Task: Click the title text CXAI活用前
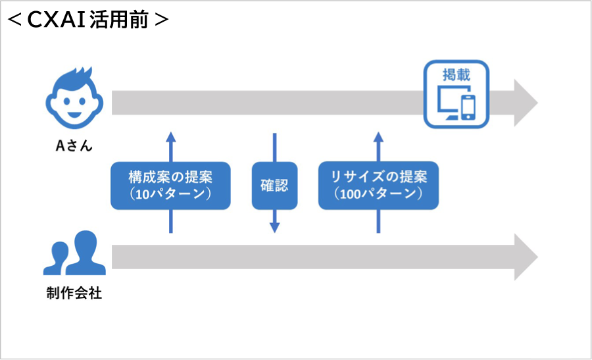tap(89, 20)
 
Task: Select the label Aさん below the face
tap(73, 146)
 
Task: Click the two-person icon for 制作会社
tap(74, 253)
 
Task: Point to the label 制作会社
tap(74, 294)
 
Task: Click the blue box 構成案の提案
tap(170, 186)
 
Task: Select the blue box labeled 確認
tap(274, 186)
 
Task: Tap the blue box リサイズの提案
tap(378, 186)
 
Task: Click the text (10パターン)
tap(170, 195)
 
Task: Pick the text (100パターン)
tap(378, 195)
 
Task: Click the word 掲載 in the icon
tap(456, 74)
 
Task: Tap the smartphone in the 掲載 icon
tap(468, 107)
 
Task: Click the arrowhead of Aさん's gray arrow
tap(526, 103)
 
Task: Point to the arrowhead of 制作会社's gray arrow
tap(526, 257)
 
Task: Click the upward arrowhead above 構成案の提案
tap(170, 137)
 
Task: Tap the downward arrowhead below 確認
tap(274, 227)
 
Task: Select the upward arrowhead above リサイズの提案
tap(378, 137)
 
